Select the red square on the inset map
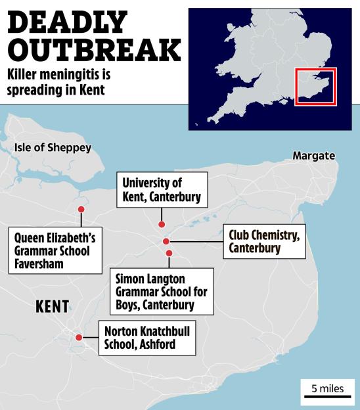(315, 87)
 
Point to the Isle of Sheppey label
(53, 148)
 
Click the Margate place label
(313, 156)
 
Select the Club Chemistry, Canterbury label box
(264, 241)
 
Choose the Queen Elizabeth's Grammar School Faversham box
(55, 250)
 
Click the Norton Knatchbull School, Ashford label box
(146, 338)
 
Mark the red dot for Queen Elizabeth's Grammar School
(81, 210)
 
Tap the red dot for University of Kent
(162, 225)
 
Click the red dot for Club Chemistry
(166, 241)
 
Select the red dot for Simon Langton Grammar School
(169, 253)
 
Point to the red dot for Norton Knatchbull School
(79, 337)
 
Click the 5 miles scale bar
(327, 392)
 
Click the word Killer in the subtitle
(24, 75)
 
